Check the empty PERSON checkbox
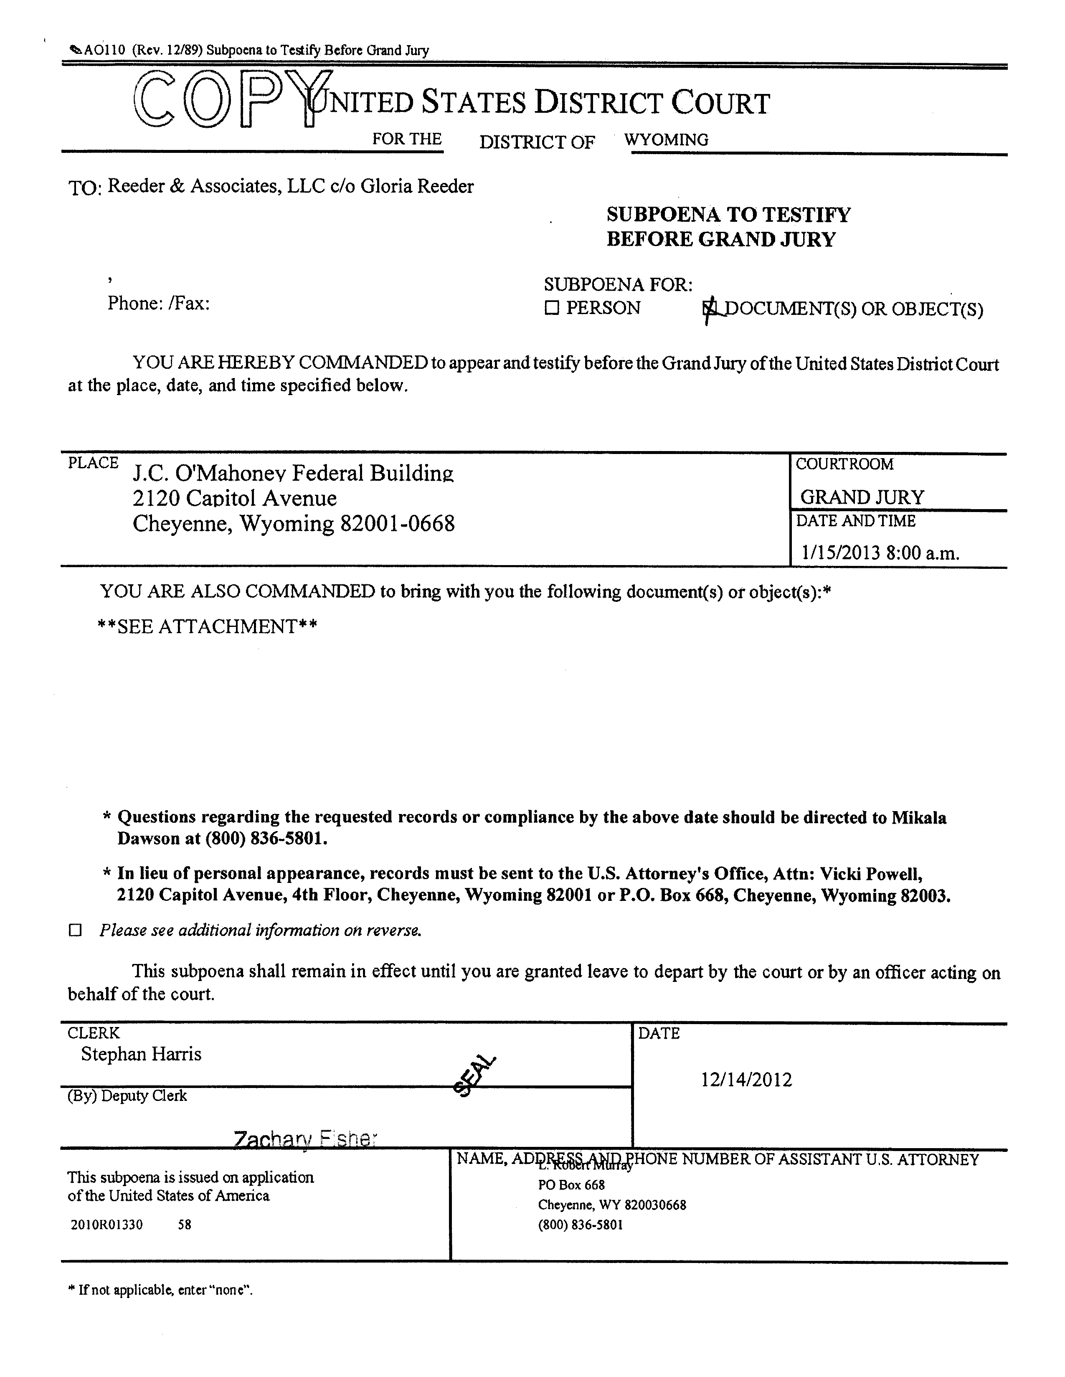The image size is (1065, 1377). [x=552, y=308]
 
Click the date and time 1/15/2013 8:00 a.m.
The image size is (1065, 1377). [x=880, y=553]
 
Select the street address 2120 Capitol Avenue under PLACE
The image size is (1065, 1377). [x=235, y=498]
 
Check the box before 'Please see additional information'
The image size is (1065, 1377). [x=75, y=931]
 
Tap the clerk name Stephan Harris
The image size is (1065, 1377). [x=141, y=1054]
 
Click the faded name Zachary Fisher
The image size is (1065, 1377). [x=304, y=1139]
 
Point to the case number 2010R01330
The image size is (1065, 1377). [x=106, y=1225]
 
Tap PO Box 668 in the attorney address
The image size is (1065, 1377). [x=571, y=1185]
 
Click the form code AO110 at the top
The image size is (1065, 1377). [x=105, y=51]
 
